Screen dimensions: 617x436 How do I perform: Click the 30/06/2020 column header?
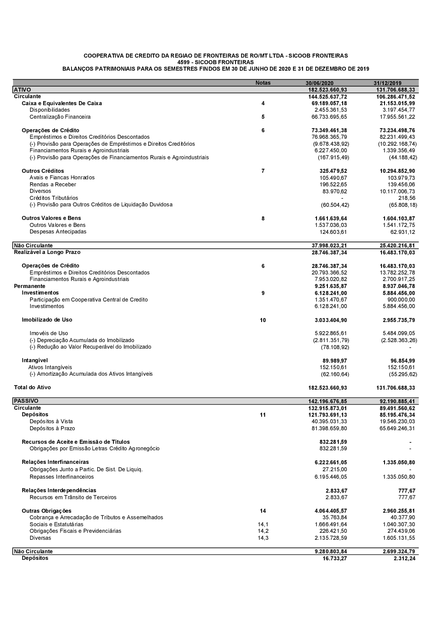319,83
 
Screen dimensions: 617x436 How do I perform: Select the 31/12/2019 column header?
388,83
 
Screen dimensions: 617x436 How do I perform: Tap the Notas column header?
263,83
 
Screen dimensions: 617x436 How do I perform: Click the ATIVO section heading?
23,90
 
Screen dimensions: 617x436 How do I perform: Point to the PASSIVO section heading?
26,401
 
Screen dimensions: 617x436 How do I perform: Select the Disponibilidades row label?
50,110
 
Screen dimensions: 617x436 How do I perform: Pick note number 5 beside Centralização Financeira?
263,117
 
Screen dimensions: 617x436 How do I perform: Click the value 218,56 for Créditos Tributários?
407,198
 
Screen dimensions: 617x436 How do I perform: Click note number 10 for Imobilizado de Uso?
263,320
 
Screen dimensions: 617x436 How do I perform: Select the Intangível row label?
35,360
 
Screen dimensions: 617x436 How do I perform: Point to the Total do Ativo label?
32,387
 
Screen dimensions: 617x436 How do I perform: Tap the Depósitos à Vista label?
51,422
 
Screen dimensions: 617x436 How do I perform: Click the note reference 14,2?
263,531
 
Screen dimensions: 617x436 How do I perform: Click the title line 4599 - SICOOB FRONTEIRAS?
215,62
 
